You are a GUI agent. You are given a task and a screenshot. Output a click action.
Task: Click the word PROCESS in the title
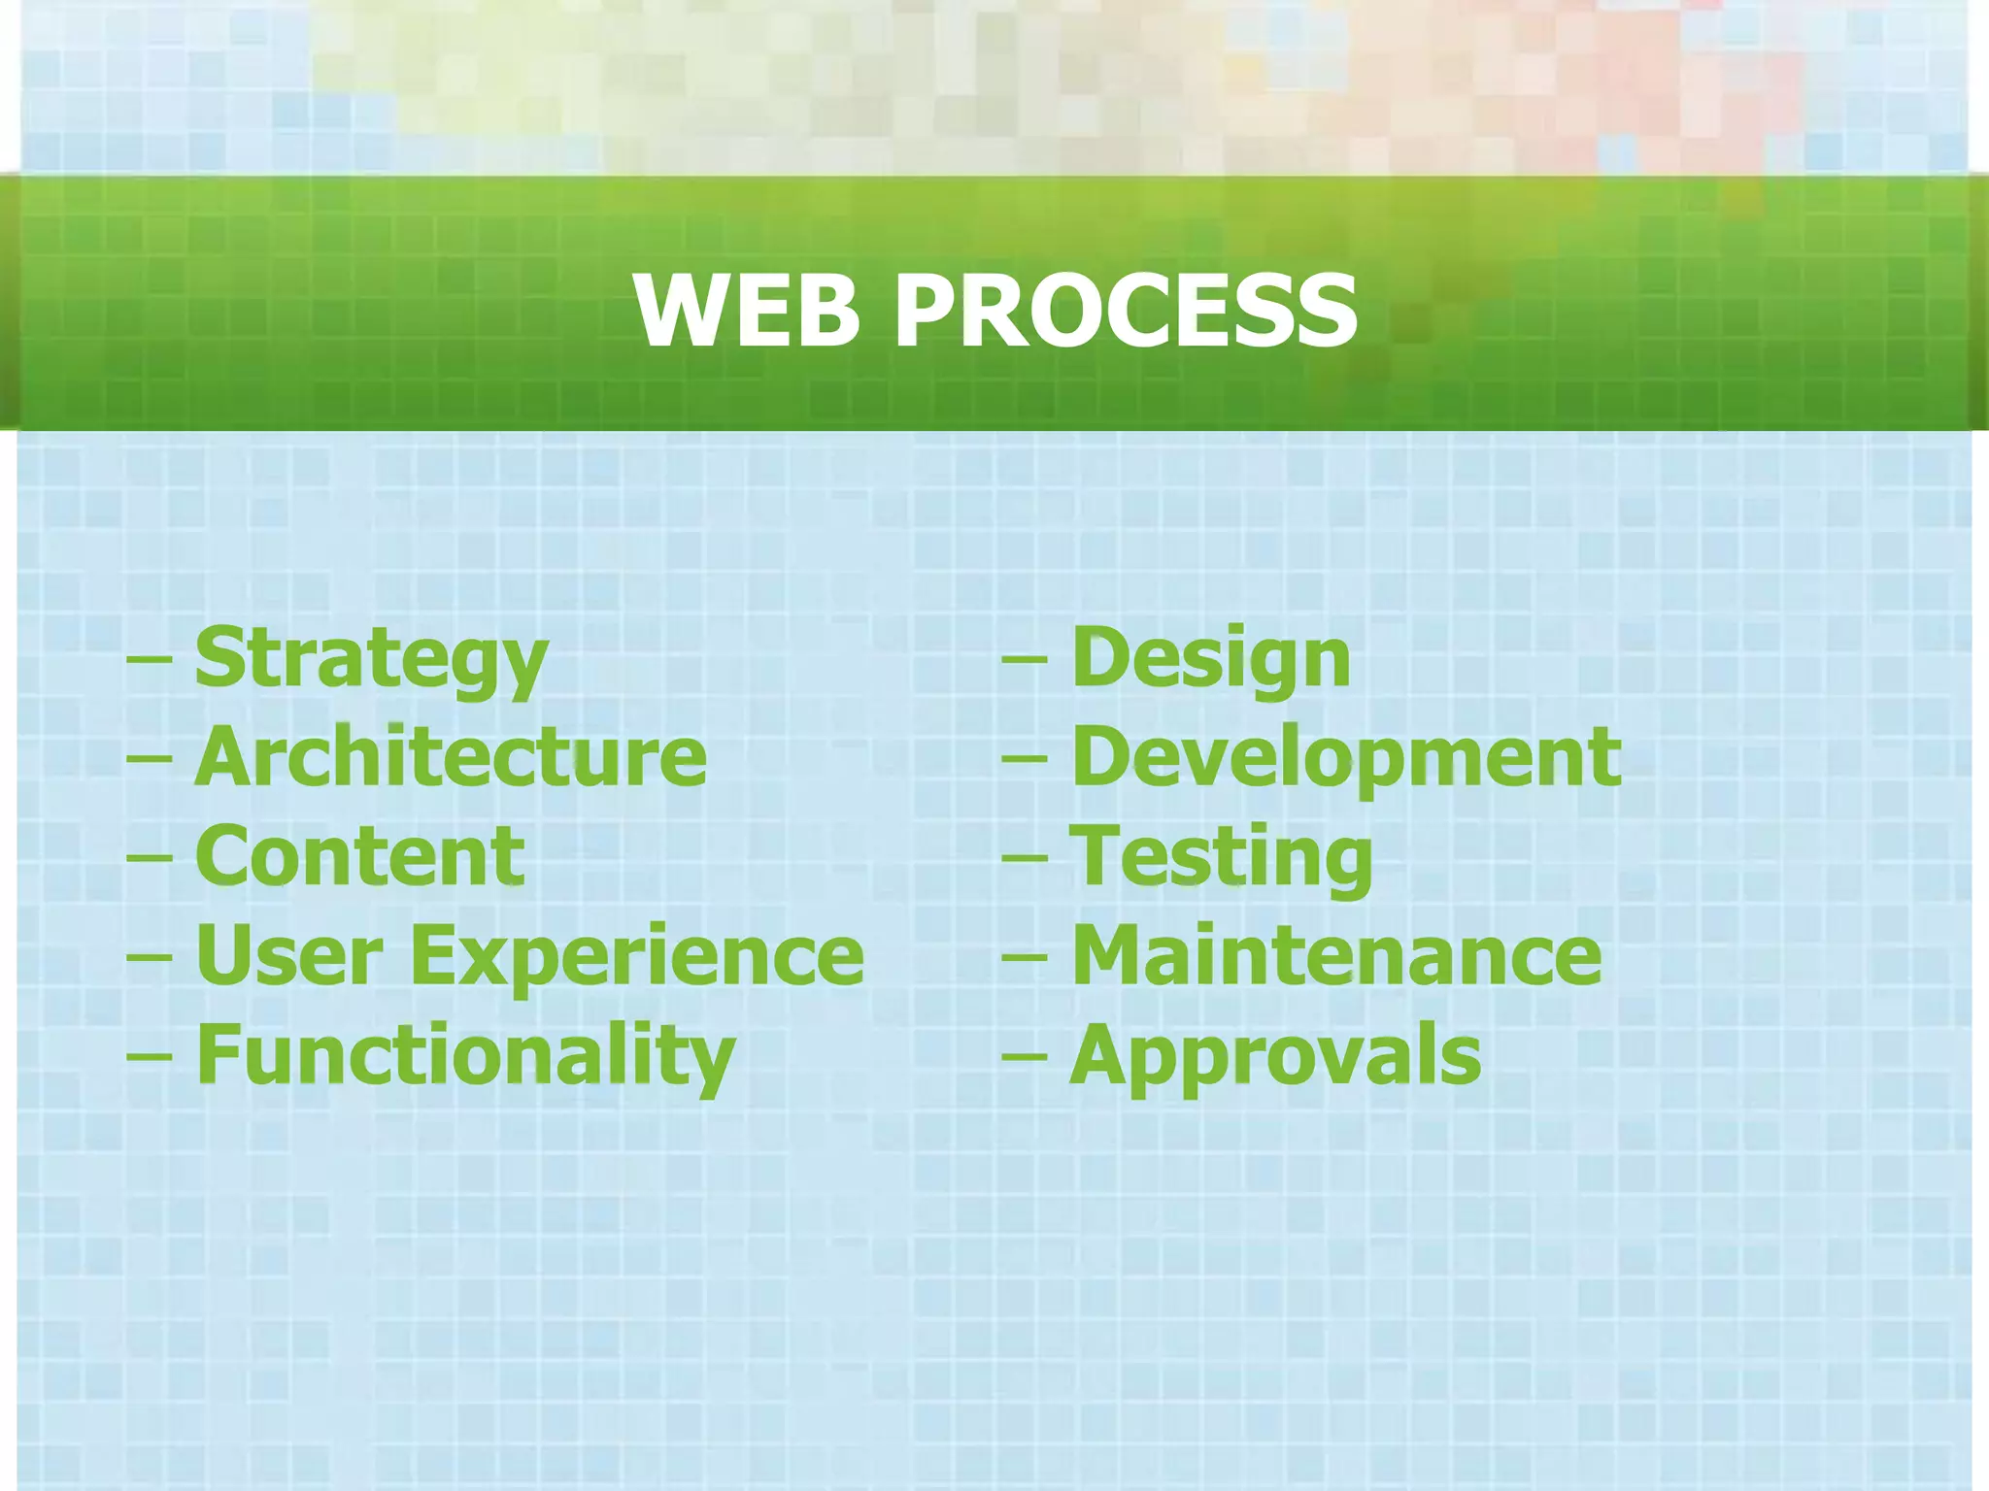pyautogui.click(x=1126, y=311)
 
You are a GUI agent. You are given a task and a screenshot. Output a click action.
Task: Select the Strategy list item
pyautogui.click(x=371, y=660)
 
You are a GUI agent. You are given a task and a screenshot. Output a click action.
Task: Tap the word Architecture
pyautogui.click(x=451, y=758)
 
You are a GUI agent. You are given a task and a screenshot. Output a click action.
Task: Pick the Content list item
pyautogui.click(x=360, y=857)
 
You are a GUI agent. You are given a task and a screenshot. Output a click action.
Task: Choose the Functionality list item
pyautogui.click(x=465, y=1057)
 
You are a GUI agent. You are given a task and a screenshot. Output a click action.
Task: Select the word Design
pyautogui.click(x=1211, y=660)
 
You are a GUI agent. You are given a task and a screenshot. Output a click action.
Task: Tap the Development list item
pyautogui.click(x=1346, y=758)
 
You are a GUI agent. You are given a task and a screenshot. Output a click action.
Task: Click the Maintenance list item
pyautogui.click(x=1336, y=956)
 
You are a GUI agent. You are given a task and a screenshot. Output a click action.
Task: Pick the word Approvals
pyautogui.click(x=1275, y=1057)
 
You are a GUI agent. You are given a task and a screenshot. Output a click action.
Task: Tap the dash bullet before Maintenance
pyautogui.click(x=1025, y=957)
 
